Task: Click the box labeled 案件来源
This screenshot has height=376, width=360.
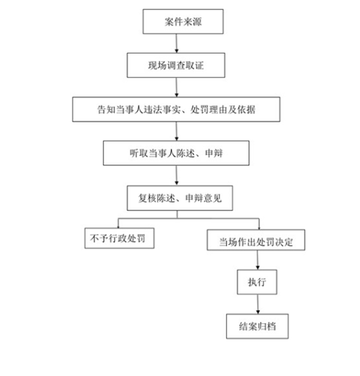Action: click(183, 22)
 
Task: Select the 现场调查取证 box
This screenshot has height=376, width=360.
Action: click(176, 65)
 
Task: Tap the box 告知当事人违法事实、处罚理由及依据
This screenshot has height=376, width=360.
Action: click(176, 109)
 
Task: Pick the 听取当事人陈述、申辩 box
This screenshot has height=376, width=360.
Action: click(176, 153)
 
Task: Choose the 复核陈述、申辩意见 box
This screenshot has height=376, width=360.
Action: click(179, 198)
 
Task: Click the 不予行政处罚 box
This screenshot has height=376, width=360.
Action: click(119, 238)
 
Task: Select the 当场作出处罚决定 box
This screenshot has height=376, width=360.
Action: click(256, 240)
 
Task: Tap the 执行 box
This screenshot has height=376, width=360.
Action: click(257, 282)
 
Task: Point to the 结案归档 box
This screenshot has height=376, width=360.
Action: click(257, 326)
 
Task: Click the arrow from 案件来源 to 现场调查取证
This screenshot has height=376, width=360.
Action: click(176, 43)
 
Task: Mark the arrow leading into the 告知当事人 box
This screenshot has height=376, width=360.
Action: click(176, 88)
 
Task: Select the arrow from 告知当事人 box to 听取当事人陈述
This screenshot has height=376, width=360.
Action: click(176, 131)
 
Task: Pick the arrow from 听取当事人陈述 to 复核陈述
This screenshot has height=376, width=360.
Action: click(176, 175)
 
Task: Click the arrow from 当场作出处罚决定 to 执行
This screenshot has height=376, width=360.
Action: click(258, 260)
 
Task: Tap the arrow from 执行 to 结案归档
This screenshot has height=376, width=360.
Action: click(258, 304)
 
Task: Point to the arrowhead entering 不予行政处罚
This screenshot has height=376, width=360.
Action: click(118, 227)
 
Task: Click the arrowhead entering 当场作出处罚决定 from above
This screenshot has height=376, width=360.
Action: click(259, 228)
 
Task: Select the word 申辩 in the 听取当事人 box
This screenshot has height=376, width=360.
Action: click(214, 153)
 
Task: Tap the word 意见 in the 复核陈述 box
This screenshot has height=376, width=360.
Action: click(213, 198)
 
